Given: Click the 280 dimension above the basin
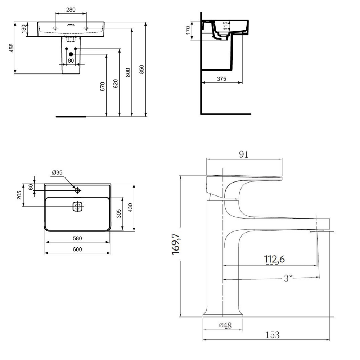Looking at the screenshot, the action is tap(71, 9).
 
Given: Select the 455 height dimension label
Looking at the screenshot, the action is tap(12, 48).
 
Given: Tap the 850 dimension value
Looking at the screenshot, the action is tap(141, 69).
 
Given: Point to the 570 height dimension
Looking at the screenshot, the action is tap(103, 86).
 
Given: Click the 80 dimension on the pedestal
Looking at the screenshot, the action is tap(71, 60).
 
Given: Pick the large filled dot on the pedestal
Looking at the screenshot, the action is tap(71, 54).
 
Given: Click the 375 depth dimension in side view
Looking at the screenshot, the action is tap(221, 79).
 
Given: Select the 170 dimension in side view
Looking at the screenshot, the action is tap(188, 30).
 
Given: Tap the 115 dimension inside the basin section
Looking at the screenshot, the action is tap(225, 26).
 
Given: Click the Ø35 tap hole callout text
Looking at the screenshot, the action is tap(57, 172).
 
